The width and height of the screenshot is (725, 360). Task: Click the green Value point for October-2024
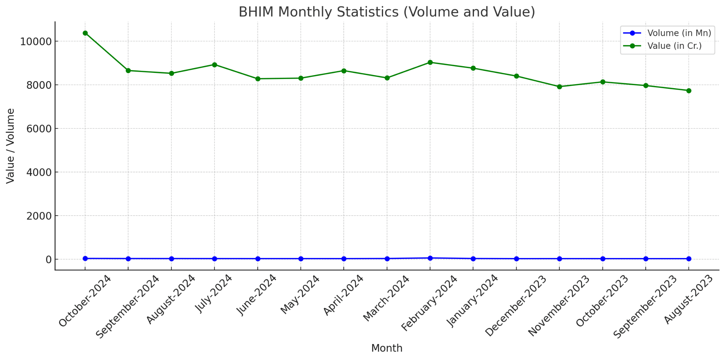click(85, 33)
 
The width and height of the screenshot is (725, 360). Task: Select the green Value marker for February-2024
click(430, 62)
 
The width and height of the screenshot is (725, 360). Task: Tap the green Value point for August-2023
click(689, 91)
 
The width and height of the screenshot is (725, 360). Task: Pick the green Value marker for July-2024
click(215, 65)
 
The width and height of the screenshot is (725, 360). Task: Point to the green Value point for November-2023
click(559, 87)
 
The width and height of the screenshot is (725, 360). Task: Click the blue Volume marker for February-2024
click(430, 258)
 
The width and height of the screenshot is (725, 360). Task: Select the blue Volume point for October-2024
click(85, 258)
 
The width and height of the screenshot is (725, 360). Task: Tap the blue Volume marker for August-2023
click(689, 259)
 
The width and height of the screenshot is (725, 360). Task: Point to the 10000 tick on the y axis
click(36, 41)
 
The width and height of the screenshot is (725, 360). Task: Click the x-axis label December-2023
click(516, 306)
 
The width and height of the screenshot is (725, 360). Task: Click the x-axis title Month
click(387, 348)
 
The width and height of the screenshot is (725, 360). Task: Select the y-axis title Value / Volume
click(11, 146)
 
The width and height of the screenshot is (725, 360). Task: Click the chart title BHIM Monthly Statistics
click(387, 12)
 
